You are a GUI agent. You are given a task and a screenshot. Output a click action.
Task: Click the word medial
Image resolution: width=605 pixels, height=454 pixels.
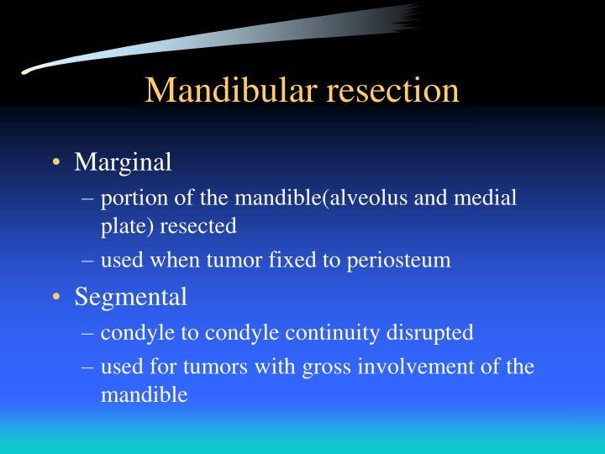click(492, 198)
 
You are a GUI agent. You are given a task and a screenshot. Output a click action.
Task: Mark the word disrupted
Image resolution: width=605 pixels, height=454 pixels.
click(432, 333)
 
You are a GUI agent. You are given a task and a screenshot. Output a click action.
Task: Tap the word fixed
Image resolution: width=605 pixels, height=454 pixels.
click(287, 261)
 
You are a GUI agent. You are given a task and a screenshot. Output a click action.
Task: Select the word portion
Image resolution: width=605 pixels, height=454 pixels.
click(127, 198)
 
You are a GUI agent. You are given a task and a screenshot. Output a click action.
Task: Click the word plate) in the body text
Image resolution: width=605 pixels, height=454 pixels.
click(127, 226)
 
